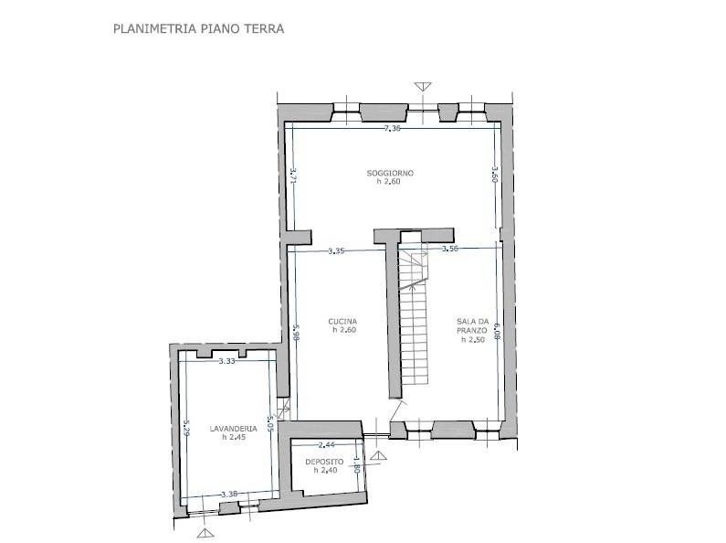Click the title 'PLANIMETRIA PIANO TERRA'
coord(198,28)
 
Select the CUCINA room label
coord(342,321)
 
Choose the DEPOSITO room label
coord(324,462)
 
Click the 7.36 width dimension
coord(393,129)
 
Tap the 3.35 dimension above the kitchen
coord(335,250)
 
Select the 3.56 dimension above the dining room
coord(449,249)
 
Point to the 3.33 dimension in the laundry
coord(226,362)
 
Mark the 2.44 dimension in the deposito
coord(325,444)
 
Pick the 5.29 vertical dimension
coord(185,428)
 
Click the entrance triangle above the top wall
coord(421,87)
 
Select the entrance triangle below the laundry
coord(203,532)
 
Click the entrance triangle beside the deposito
coord(378,454)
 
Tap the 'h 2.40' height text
coord(324,471)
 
